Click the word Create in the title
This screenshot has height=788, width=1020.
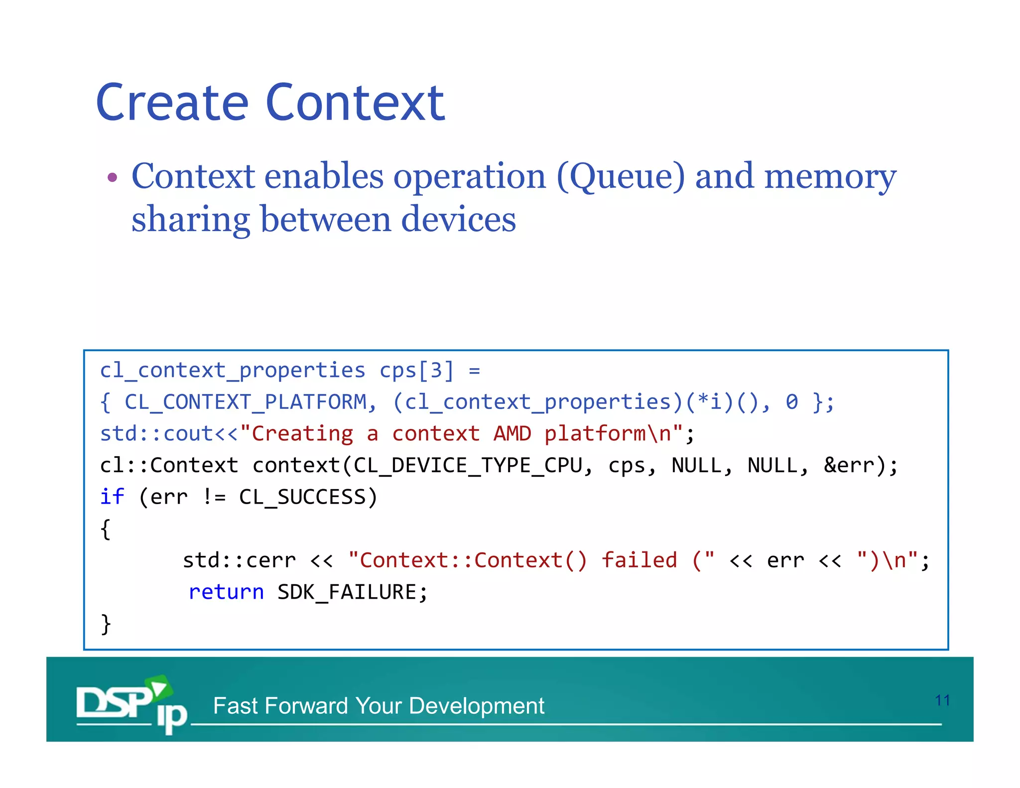point(172,103)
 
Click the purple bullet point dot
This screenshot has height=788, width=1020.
point(113,177)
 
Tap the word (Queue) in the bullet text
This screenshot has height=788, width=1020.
point(621,176)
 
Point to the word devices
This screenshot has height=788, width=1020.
point(458,219)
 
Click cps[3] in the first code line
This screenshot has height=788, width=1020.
point(417,371)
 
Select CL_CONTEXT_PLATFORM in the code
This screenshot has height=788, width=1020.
point(246,402)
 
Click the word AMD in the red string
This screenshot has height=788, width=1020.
point(512,433)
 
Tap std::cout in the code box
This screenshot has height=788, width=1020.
point(157,433)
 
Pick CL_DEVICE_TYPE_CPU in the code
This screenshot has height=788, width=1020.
point(468,465)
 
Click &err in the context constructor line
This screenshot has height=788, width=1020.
point(849,465)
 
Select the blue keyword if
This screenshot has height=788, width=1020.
point(112,497)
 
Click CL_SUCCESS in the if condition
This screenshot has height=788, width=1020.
point(302,497)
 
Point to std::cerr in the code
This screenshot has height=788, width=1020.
point(239,560)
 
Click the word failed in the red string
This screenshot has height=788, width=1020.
point(639,560)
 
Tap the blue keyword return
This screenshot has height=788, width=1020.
point(226,592)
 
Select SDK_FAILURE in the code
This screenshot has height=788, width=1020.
point(347,592)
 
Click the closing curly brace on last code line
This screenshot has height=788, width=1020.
point(106,624)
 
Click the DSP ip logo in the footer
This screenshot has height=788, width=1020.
point(131,704)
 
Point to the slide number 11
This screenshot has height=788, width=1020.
point(942,700)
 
